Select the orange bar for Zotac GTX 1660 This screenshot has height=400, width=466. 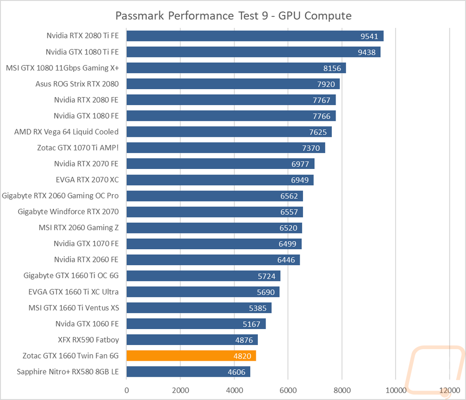coord(191,356)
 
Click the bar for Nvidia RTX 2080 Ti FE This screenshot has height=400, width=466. coord(255,36)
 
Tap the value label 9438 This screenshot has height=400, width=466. coord(366,52)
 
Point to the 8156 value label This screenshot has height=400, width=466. coord(332,69)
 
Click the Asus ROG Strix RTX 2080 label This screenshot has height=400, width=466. coord(77,84)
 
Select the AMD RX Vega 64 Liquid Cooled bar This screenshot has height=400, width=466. coord(229,132)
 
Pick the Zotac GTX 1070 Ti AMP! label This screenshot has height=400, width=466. coord(78,147)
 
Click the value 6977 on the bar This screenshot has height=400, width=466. coord(300,164)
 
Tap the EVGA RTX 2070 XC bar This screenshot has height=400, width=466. coord(220,180)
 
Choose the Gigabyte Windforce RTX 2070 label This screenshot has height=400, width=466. coord(68,211)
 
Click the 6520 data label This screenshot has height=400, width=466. coord(288,228)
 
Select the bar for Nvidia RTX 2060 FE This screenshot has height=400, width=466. coord(213,260)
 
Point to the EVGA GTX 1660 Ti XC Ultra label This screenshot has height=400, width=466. coord(74,292)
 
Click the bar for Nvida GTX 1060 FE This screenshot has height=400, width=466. coord(196,324)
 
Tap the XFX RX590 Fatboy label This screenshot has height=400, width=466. coord(88,340)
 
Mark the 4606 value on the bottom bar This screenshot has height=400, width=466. coord(237,372)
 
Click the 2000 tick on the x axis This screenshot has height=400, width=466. coord(180,390)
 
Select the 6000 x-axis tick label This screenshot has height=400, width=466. coord(288,390)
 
